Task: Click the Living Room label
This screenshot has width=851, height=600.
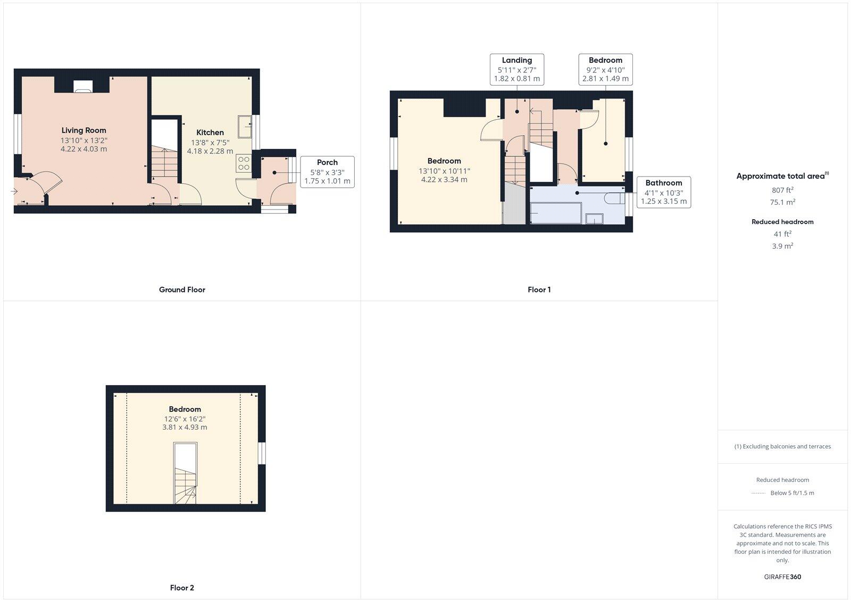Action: coord(84,130)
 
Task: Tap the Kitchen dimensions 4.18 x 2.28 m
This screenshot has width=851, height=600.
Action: coord(210,151)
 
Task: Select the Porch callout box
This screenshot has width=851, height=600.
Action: coord(327,172)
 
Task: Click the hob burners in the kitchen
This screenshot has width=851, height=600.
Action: coord(244,163)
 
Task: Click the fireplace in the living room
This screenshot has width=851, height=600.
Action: coord(82,86)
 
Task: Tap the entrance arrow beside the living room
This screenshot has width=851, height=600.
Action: coord(13,191)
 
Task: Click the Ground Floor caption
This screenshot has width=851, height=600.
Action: coord(182,290)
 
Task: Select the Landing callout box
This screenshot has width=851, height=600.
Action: coord(516,69)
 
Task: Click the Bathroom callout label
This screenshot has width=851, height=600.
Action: coord(663,183)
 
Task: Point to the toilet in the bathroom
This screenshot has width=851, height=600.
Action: coord(614,198)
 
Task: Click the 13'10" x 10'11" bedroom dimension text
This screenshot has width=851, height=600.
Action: coord(444,171)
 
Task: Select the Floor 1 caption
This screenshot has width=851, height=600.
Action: coord(539,290)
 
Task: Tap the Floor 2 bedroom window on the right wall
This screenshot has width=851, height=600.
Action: coord(262,453)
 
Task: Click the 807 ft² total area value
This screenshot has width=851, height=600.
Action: coord(782,190)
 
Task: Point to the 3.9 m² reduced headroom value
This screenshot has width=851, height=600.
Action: coord(782,246)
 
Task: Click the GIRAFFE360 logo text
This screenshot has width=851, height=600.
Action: coord(782,577)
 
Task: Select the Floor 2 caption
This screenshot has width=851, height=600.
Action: coord(182,588)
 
